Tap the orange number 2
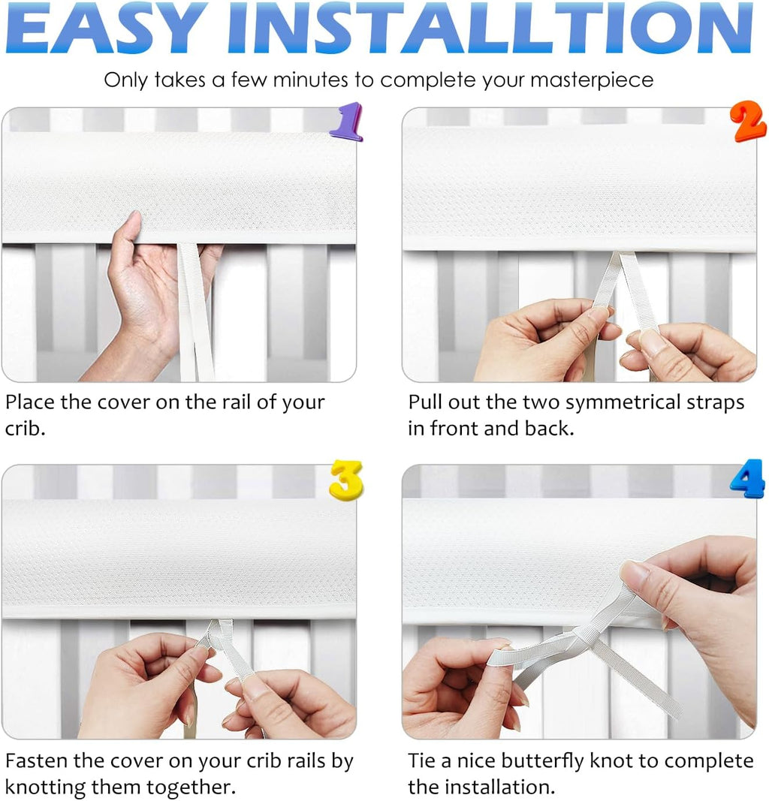(x=749, y=122)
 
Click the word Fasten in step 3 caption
(x=38, y=760)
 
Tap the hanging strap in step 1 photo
(x=194, y=315)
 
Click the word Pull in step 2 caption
(x=425, y=402)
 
